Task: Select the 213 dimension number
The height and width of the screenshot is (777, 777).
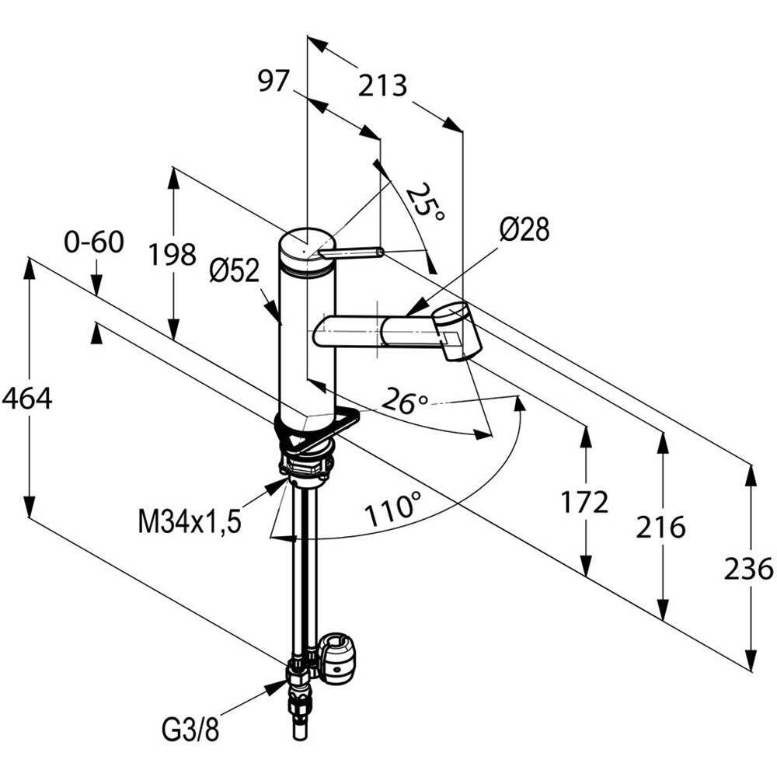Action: coord(382,85)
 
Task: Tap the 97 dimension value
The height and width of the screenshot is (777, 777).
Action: coord(273,80)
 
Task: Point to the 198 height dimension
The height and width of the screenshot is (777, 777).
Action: coord(173,255)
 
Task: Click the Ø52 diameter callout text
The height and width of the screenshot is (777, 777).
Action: coord(235,271)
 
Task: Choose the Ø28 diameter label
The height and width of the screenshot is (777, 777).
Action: coord(524,229)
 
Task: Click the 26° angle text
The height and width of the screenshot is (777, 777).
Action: coord(406,402)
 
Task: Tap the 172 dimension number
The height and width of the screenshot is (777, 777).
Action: coord(584,503)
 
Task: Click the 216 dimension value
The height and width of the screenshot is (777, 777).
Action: coord(660,527)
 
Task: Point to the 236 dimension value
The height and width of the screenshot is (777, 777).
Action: coord(748,569)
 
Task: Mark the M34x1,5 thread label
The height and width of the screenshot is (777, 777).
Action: coord(190,521)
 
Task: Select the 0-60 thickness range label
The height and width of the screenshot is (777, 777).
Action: coord(94,242)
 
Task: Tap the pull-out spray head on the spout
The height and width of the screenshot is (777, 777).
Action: coord(455,330)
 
